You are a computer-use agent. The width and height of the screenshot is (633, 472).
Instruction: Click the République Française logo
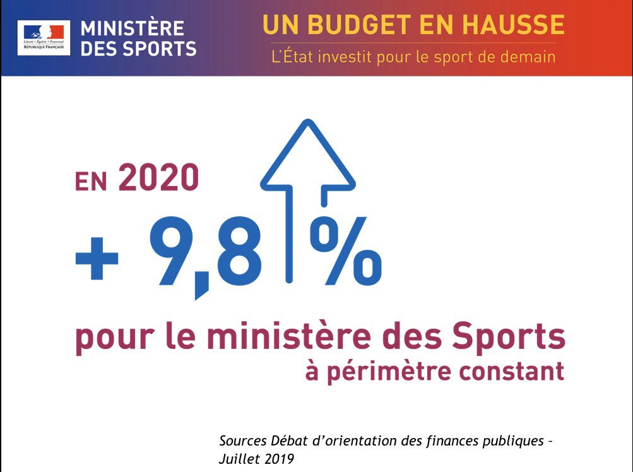click(44, 37)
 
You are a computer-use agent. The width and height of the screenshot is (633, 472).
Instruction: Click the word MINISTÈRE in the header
click(133, 28)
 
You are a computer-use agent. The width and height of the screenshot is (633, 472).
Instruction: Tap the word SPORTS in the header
click(162, 49)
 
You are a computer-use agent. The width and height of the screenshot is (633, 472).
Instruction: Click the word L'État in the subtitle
click(291, 56)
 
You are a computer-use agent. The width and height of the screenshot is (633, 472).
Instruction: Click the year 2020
click(158, 179)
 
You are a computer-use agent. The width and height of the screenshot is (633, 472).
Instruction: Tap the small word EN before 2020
click(93, 182)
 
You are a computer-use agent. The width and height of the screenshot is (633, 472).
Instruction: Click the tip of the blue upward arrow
click(307, 124)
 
